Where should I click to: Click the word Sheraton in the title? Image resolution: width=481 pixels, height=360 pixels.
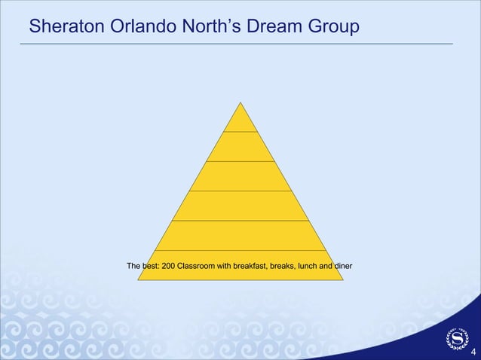(x=63, y=27)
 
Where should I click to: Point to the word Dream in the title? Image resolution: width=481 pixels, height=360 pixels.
(x=287, y=27)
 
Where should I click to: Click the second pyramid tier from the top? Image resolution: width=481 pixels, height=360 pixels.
(x=240, y=146)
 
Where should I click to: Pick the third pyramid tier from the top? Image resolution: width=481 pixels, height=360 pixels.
(x=240, y=175)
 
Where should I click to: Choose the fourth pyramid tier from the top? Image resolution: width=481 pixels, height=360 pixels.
(x=240, y=206)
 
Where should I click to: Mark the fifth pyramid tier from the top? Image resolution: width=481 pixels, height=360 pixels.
(x=240, y=235)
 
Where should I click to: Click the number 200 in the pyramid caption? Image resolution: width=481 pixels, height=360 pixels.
(x=170, y=266)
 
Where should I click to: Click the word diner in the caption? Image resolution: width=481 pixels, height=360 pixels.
(x=343, y=266)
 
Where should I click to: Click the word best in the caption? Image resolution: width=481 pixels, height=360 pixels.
(x=150, y=266)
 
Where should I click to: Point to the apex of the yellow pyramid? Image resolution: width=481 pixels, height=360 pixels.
(x=240, y=104)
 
